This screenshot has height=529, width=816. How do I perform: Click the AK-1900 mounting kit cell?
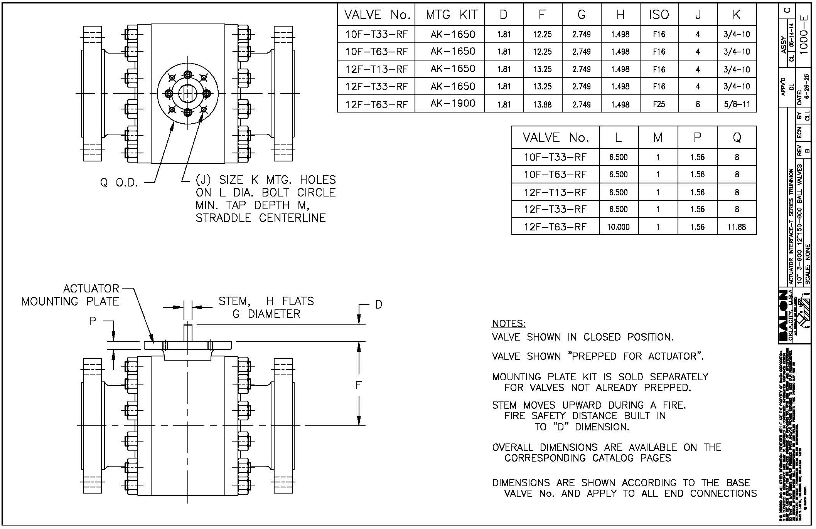[453, 104]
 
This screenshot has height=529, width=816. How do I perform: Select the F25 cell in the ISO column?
[659, 104]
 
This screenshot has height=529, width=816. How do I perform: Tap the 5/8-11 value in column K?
[737, 104]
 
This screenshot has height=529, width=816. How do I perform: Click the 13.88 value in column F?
[542, 104]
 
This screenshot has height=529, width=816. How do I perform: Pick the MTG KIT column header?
[452, 15]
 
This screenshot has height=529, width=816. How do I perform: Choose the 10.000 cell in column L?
[618, 227]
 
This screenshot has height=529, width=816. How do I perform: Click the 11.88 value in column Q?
[737, 227]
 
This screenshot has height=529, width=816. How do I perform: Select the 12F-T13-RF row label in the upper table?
[376, 69]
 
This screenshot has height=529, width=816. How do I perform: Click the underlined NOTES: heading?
[509, 324]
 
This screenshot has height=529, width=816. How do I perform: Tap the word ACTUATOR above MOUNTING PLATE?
[91, 289]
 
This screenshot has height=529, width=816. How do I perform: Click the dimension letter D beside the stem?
[378, 305]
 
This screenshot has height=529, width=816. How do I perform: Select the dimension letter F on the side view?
[358, 385]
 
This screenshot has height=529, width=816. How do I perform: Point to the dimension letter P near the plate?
[93, 321]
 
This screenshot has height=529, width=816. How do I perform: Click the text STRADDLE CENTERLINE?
[261, 218]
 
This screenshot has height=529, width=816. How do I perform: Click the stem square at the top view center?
[188, 94]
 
